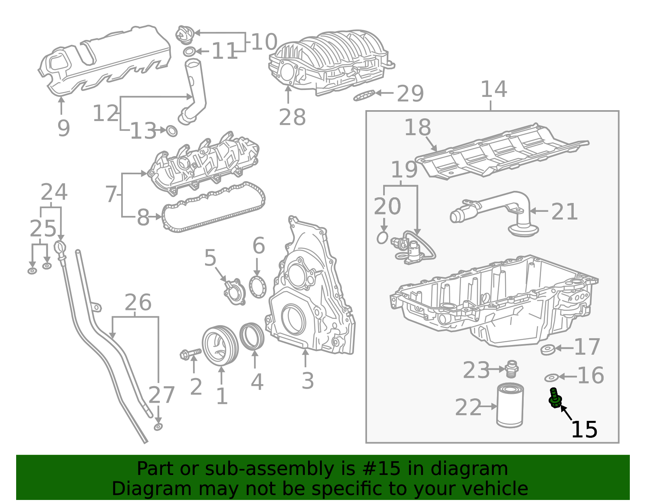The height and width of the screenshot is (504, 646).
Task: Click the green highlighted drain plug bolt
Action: coord(555,398)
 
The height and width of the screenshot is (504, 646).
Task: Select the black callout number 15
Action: coord(584,429)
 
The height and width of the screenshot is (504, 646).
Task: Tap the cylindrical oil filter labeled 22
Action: coord(510,406)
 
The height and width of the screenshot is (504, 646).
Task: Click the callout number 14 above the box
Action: coord(493,90)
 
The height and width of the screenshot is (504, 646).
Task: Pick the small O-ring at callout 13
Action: coord(172,131)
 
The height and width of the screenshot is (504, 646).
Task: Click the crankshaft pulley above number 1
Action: coord(220,345)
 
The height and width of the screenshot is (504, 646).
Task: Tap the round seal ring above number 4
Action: coord(252,336)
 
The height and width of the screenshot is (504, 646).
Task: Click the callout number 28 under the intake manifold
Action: coord(292,117)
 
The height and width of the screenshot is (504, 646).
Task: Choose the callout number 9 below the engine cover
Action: coord(63,128)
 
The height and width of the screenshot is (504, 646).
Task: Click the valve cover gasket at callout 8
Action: coord(214,208)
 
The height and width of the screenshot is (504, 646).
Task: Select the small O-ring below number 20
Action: coord(382,238)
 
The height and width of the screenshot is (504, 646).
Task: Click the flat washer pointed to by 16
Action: coord(551,378)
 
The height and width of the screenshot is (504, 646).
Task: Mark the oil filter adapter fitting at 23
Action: coord(511,368)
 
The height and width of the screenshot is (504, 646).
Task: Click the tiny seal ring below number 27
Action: coord(158,427)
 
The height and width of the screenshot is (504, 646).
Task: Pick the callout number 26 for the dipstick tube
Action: coord(138,303)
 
